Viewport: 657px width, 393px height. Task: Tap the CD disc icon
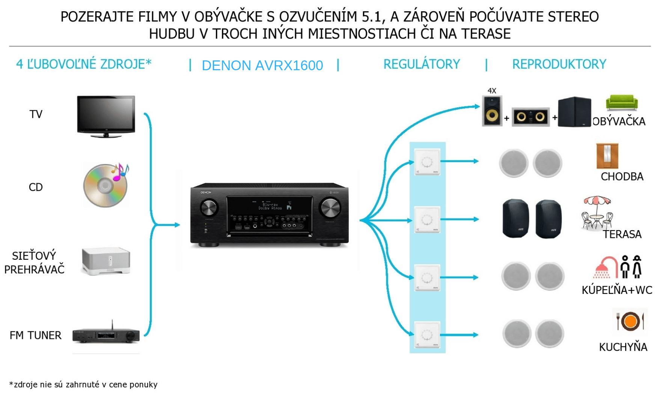click(105, 185)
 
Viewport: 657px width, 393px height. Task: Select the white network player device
click(106, 261)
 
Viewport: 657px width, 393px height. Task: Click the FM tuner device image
click(106, 335)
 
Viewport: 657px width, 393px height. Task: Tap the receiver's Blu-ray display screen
click(270, 206)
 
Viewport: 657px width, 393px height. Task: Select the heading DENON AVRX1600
click(262, 65)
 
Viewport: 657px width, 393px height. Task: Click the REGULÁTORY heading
click(421, 64)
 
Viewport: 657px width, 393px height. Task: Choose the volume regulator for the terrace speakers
click(427, 220)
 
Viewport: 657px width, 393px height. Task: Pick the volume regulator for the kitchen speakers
click(427, 334)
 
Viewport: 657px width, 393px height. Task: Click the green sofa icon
click(622, 102)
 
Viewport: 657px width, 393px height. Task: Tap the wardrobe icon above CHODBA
click(607, 156)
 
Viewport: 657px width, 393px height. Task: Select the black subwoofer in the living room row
click(574, 111)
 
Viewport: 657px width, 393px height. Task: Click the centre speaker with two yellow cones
click(530, 117)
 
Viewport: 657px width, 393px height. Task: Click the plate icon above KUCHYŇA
click(630, 321)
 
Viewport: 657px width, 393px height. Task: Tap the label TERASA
click(622, 234)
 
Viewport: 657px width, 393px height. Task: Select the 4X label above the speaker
click(491, 91)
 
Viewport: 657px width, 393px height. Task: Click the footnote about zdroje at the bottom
click(83, 384)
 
